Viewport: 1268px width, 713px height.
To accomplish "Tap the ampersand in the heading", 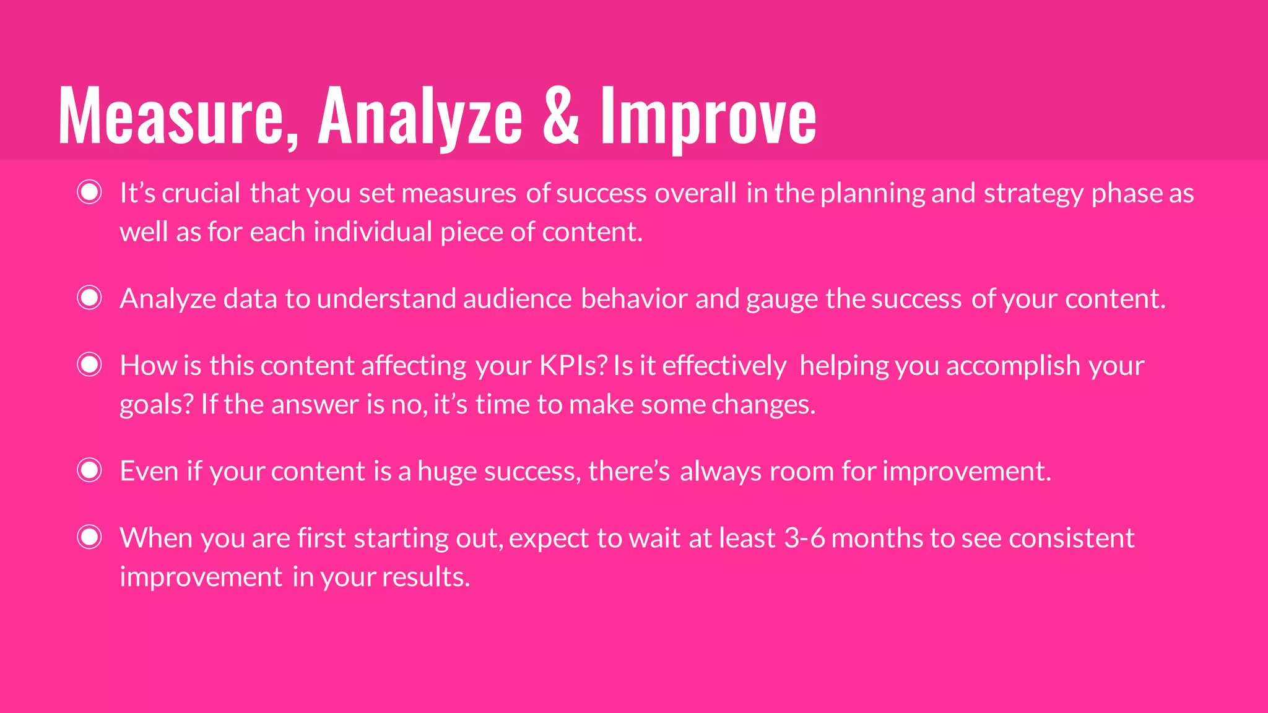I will pos(561,115).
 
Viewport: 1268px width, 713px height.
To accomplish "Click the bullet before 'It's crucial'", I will pos(90,192).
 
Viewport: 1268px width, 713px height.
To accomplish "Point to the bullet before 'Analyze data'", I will pos(90,298).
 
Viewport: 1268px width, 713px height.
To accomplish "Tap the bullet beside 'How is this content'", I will pos(90,365).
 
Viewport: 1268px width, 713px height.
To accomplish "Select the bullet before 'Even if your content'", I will pos(90,470).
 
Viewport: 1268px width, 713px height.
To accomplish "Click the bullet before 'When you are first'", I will pos(90,537).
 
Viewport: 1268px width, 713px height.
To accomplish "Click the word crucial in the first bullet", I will pos(201,193).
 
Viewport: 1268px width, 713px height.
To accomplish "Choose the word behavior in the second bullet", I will pos(634,299).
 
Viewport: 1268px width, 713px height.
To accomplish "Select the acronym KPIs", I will pos(573,366).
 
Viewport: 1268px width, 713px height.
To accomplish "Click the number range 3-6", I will pos(804,538).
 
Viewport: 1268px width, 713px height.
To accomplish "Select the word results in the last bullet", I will pos(426,577).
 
